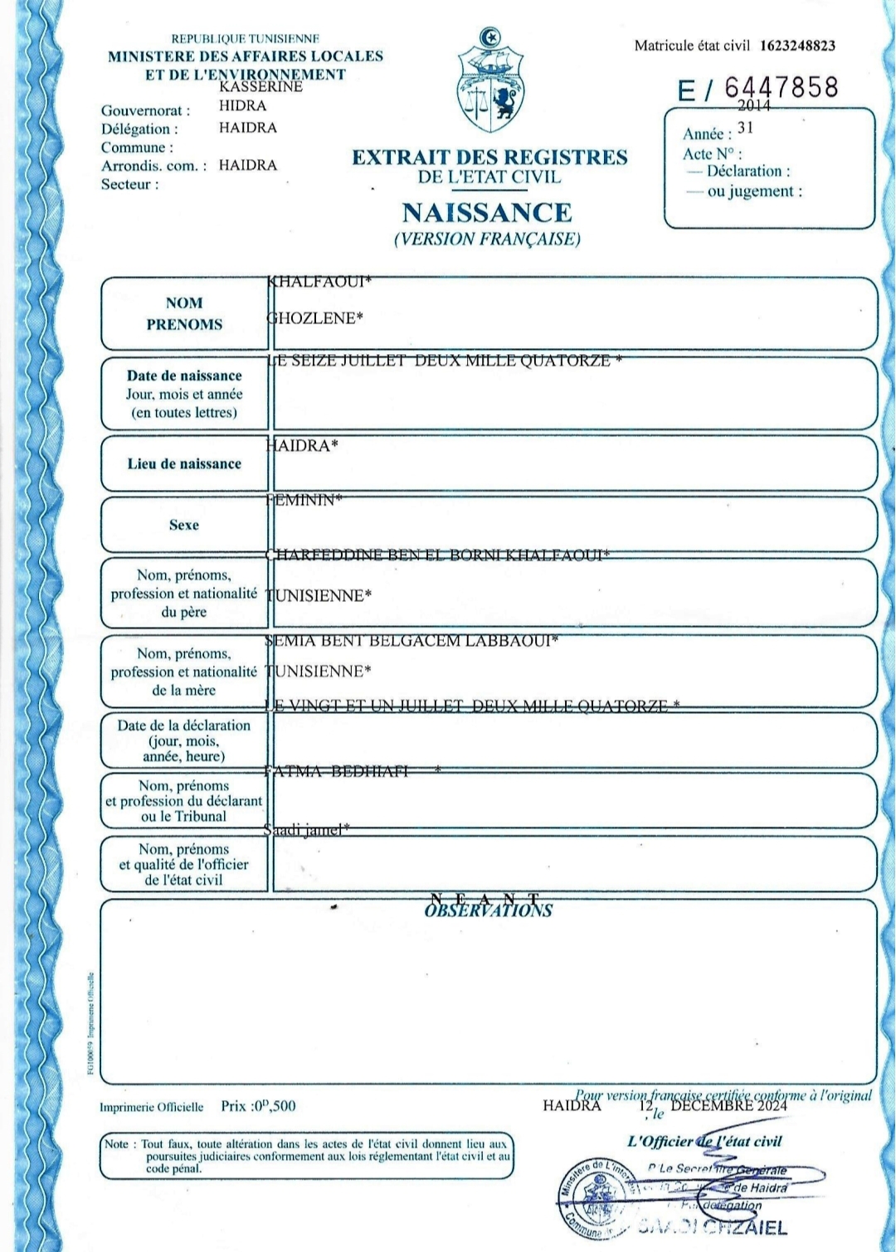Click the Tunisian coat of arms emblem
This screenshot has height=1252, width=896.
[490, 80]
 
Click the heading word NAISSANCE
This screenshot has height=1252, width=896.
[487, 213]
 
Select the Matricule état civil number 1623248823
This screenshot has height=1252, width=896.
[797, 46]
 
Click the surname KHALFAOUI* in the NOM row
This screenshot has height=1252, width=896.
[319, 282]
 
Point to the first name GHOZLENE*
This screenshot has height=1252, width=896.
[315, 318]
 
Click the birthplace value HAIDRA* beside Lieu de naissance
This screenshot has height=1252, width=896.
[303, 446]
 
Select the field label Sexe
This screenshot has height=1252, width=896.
[184, 525]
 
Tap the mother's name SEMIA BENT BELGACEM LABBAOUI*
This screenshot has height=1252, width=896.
[411, 640]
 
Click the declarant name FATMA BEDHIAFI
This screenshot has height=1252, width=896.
[338, 771]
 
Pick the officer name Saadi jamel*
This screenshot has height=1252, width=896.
[307, 829]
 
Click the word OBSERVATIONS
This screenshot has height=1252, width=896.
[488, 910]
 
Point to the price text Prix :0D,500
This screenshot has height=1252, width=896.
[258, 1106]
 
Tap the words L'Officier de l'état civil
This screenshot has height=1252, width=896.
[704, 1142]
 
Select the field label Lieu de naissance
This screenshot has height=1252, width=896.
[184, 463]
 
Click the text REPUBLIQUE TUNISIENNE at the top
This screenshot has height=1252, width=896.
[245, 39]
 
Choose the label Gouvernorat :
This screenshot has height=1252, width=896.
[145, 110]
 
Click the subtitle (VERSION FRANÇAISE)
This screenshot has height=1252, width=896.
[487, 240]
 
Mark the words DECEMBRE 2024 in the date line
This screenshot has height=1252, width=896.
[728, 1105]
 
